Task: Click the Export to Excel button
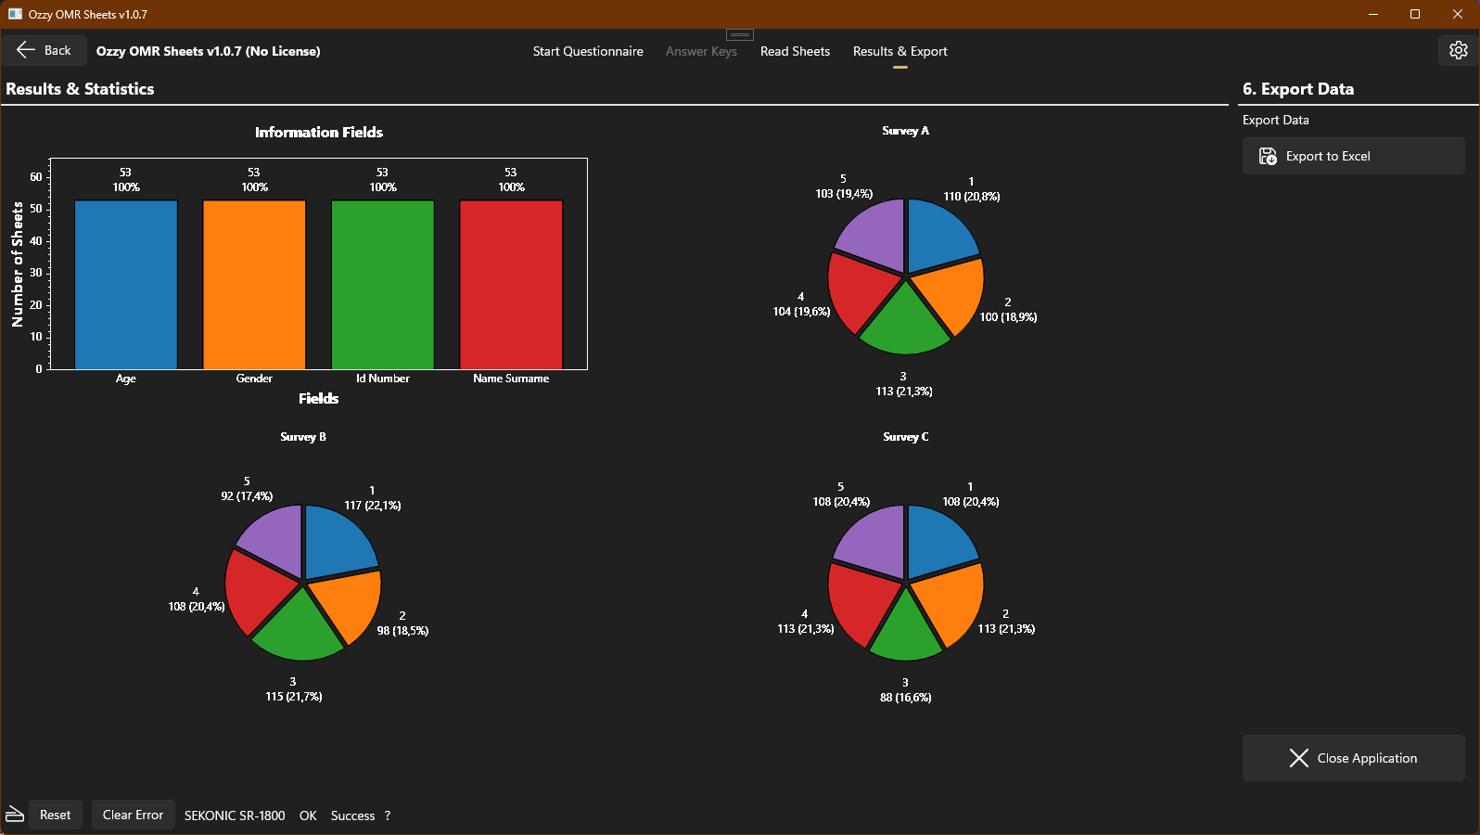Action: [1353, 156]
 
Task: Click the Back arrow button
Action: [45, 51]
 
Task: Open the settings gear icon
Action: [1458, 50]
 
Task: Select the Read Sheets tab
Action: [795, 51]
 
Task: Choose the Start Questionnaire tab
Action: [588, 51]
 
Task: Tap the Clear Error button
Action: [133, 815]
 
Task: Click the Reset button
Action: [55, 815]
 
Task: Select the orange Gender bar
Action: [254, 285]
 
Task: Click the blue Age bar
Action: [126, 285]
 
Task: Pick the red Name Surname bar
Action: [511, 285]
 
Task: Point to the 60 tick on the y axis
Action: [36, 177]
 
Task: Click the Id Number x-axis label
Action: [382, 379]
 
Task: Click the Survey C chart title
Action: [905, 437]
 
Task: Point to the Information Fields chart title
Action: [319, 133]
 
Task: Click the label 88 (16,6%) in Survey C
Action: [905, 698]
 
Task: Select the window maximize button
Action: [1415, 14]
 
